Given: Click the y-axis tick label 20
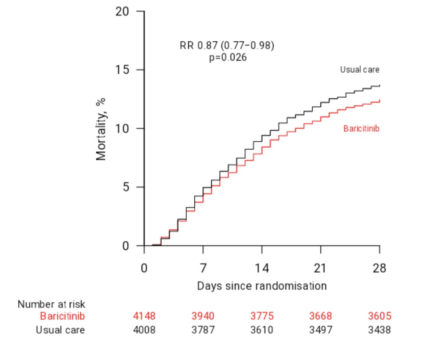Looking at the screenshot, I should (122, 11).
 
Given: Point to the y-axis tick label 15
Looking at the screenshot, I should (122, 70).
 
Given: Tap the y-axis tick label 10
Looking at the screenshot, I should (122, 129).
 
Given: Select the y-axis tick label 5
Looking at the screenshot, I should (126, 187).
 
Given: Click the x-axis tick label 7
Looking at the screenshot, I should (203, 269).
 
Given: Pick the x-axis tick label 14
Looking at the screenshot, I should (262, 269).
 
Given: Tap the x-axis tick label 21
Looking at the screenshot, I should (320, 269).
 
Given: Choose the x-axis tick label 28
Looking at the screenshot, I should (379, 269).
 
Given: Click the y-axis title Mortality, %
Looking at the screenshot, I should (101, 129).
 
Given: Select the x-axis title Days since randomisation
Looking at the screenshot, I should (262, 286).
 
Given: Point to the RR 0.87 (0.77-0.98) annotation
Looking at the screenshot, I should (227, 46).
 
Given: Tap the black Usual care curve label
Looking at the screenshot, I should (359, 70).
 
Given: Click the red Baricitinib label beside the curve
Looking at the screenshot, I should (361, 129).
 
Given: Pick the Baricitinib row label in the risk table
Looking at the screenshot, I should (62, 316).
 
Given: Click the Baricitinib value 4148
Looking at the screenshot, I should (144, 316).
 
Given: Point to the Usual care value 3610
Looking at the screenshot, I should (262, 330).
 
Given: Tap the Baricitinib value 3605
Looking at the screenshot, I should (379, 316).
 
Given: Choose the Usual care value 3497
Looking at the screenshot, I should (320, 330).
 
